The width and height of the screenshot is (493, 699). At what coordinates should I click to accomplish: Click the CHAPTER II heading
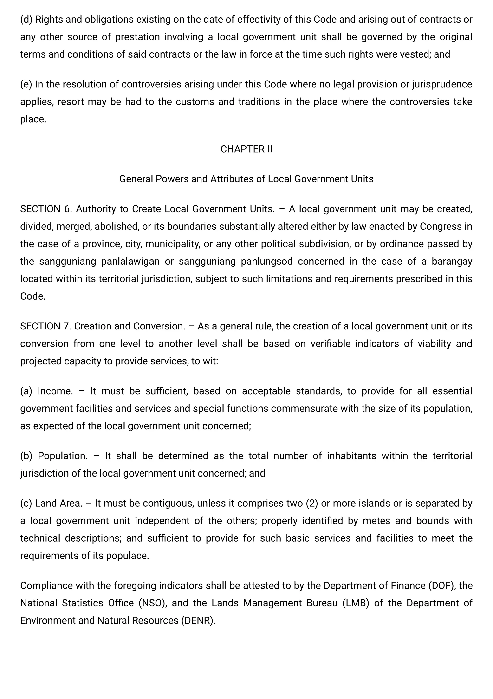pyautogui.click(x=246, y=149)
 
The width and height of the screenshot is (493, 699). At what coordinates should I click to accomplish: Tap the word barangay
pyautogui.click(x=452, y=262)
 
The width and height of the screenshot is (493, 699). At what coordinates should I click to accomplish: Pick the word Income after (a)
pyautogui.click(x=55, y=391)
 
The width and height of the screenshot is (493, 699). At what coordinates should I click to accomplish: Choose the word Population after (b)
pyautogui.click(x=63, y=456)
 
